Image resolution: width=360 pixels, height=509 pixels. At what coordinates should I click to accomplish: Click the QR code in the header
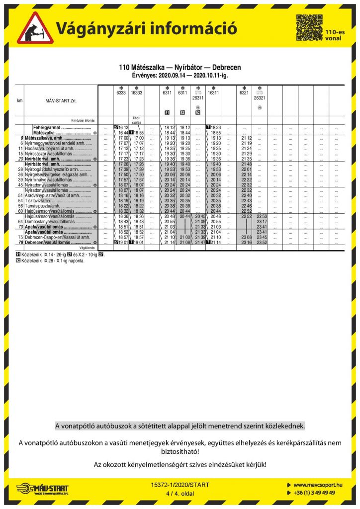click(x=309, y=27)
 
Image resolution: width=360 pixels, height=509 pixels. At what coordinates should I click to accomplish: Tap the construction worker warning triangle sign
click(x=35, y=28)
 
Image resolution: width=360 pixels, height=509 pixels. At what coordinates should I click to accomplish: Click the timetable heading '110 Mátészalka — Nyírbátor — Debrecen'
click(x=180, y=67)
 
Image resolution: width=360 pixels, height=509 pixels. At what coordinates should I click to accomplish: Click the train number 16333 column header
click(x=136, y=92)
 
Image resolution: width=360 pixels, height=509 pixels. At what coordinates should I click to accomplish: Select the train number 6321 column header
click(x=244, y=92)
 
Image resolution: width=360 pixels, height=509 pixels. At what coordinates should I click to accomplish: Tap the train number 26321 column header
click(x=259, y=98)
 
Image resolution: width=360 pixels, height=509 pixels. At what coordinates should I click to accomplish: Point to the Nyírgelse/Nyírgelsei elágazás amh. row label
click(x=56, y=175)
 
